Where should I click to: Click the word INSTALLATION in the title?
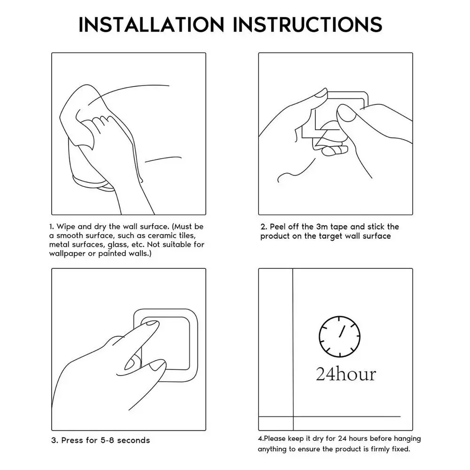151,24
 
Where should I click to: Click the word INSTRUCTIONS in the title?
307,24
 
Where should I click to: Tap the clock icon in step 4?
339,337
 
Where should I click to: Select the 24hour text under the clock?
346,374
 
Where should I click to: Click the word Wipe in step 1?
66,227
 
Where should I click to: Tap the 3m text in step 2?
322,227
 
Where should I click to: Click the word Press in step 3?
72,440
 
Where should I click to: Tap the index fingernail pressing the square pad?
152,323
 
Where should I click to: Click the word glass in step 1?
118,245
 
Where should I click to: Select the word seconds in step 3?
133,440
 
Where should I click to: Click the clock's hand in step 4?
342,331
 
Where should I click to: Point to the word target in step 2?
330,236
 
